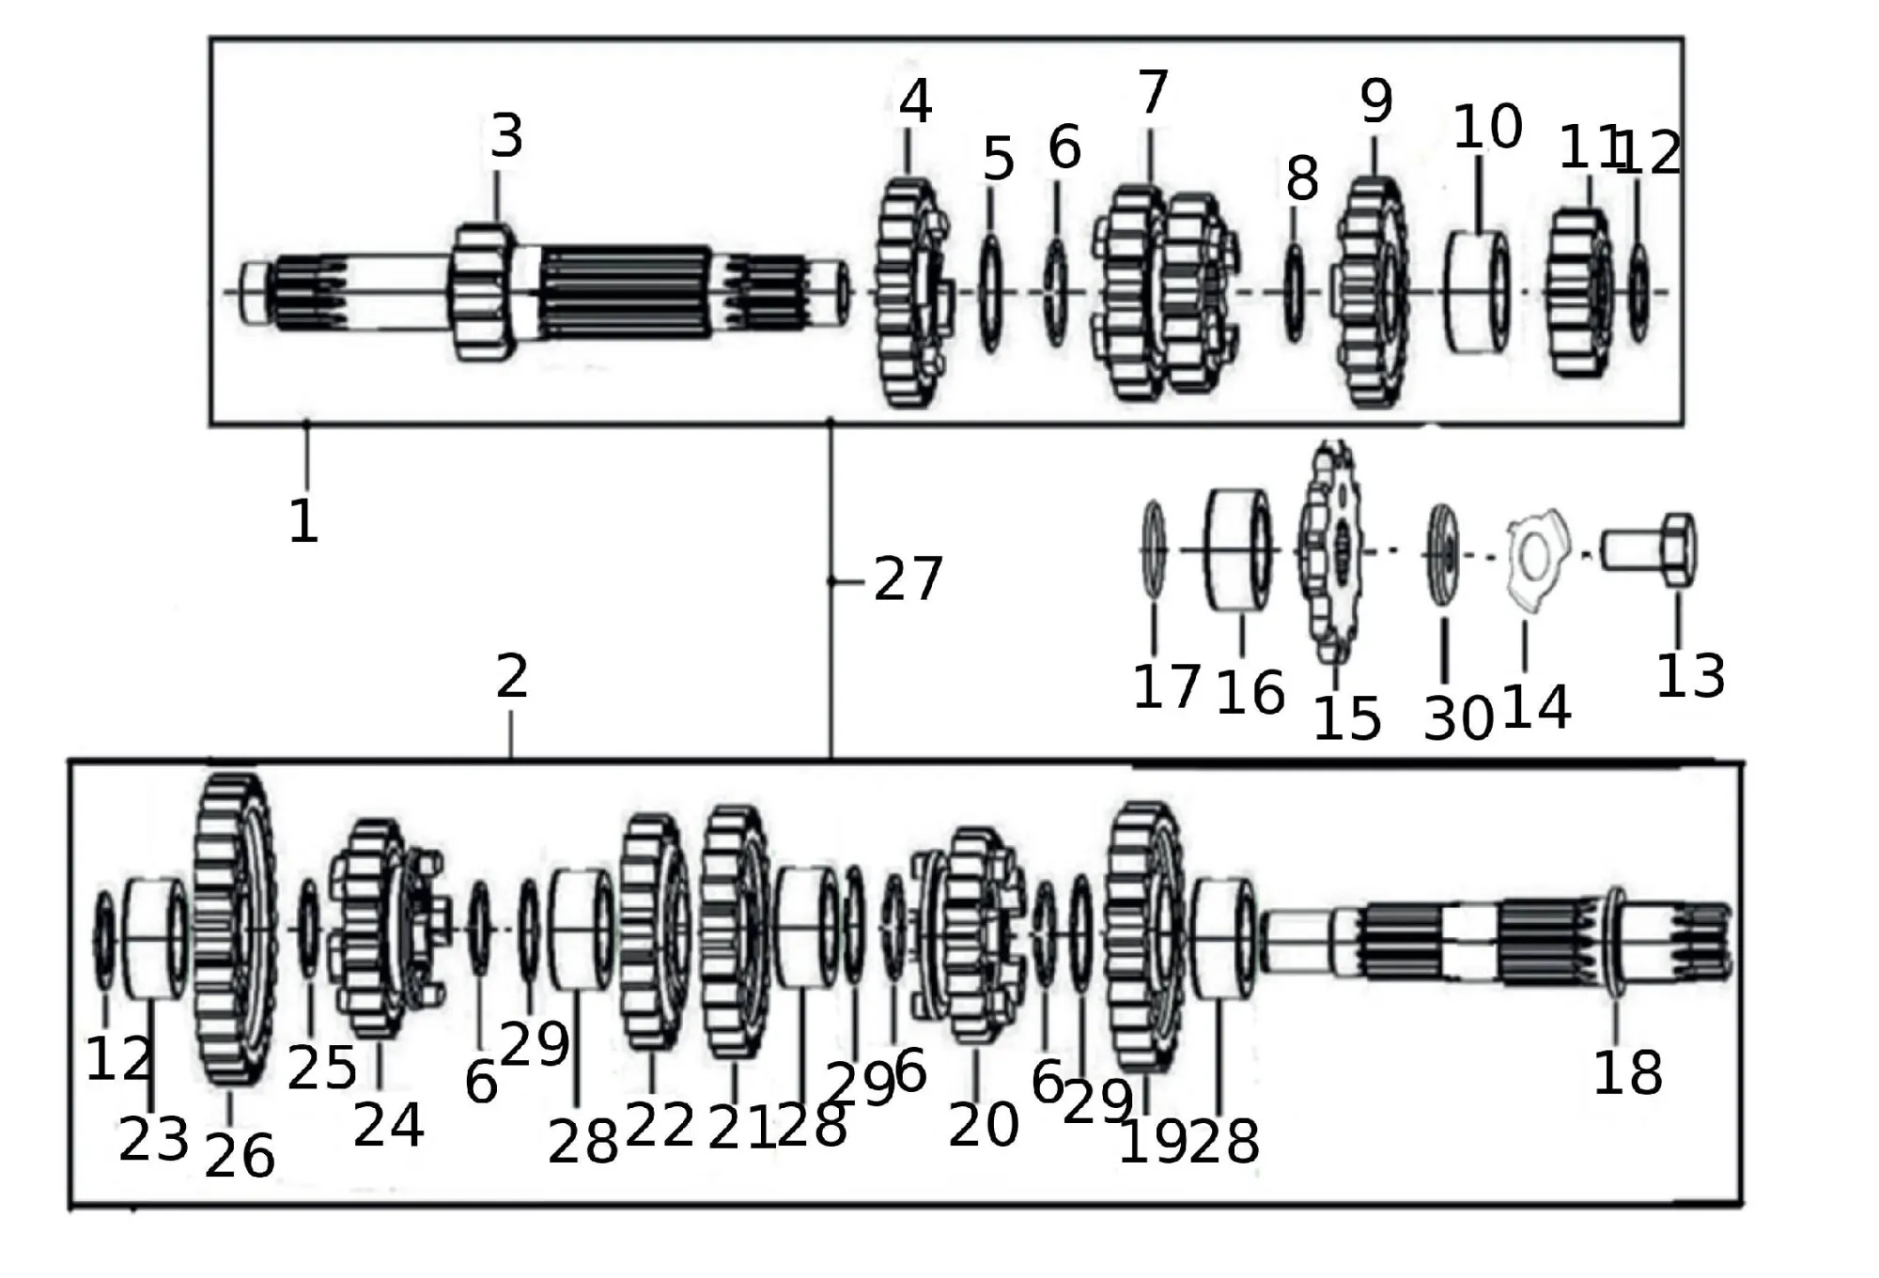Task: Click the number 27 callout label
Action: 908,578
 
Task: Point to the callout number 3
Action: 506,136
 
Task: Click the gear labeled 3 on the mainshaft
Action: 483,292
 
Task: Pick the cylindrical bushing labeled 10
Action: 1478,292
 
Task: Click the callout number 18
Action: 1627,1072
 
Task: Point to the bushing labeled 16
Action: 1239,549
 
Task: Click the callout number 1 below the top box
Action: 303,521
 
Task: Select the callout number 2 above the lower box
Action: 512,676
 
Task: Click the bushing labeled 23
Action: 154,937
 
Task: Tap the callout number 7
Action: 1153,92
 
